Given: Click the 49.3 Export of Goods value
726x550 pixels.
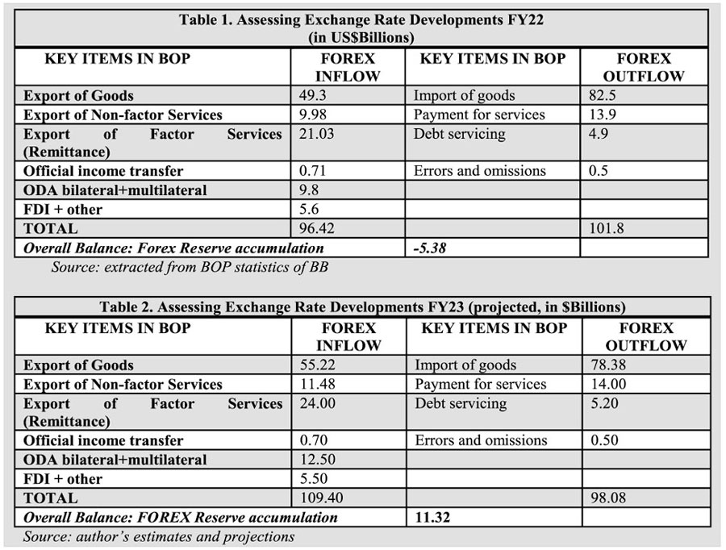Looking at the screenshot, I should tap(313, 96).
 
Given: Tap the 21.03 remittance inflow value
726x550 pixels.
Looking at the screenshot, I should tap(317, 133).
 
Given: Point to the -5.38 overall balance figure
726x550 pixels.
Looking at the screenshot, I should tap(429, 248).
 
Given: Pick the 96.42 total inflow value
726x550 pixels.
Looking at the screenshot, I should tap(317, 229).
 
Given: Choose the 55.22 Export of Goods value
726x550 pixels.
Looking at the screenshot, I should tap(317, 365).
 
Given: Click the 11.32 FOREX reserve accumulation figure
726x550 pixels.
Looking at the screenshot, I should tap(432, 518).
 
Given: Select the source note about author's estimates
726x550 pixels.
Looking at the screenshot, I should tap(159, 536).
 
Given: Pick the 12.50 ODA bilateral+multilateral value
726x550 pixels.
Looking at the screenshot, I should tap(317, 460).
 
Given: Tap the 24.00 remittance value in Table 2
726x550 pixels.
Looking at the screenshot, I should tap(317, 402).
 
